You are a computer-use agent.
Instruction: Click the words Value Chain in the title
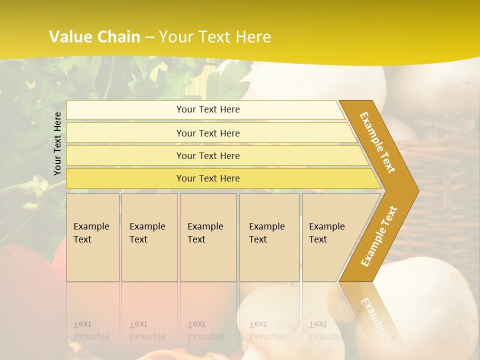pyautogui.click(x=94, y=37)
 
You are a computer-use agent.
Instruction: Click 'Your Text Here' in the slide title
pyautogui.click(x=215, y=37)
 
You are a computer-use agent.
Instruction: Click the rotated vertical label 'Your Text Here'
pyautogui.click(x=58, y=144)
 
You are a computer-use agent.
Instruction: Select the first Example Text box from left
pyautogui.click(x=92, y=237)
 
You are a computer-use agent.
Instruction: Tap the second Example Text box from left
pyautogui.click(x=149, y=237)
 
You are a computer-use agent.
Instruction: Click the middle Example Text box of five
pyautogui.click(x=208, y=237)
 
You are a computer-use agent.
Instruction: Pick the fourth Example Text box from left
pyautogui.click(x=269, y=237)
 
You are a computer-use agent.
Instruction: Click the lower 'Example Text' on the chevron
pyautogui.click(x=379, y=236)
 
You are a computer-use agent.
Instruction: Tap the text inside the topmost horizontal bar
pyautogui.click(x=208, y=109)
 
